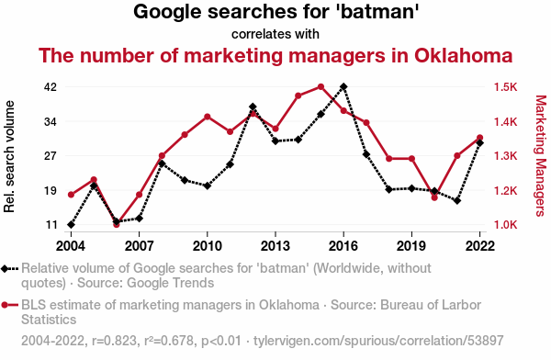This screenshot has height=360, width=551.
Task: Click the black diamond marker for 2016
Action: [x=343, y=86]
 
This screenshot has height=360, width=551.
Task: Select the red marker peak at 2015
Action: [x=320, y=86]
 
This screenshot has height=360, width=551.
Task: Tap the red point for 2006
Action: [x=117, y=224]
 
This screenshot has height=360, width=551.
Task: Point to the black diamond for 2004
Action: [x=72, y=224]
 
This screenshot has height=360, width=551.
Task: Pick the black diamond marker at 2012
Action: [x=253, y=107]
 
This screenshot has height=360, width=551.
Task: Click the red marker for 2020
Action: [x=434, y=197]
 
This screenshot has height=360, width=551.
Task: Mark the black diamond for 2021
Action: [x=457, y=201]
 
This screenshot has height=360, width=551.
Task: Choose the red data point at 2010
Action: [x=208, y=117]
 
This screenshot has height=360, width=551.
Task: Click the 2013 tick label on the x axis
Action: [x=275, y=246]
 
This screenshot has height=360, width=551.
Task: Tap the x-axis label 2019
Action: [x=411, y=246]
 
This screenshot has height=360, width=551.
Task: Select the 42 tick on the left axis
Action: [x=51, y=87]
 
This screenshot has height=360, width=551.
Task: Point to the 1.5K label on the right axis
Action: [x=506, y=87]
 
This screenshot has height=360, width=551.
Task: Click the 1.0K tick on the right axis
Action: [x=506, y=225]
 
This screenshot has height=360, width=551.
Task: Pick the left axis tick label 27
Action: [x=51, y=156]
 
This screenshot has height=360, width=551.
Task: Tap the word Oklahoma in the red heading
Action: [x=463, y=55]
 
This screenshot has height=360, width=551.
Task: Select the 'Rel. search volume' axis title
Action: [x=9, y=156]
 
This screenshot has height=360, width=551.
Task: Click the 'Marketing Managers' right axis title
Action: [x=541, y=156]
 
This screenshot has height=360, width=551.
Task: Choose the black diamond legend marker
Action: [x=5, y=269]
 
